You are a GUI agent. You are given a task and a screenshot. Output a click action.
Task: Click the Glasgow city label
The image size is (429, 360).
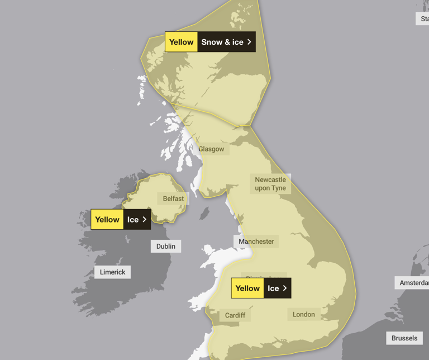(x=211, y=149)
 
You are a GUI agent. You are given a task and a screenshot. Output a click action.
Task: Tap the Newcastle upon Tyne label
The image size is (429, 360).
(x=270, y=184)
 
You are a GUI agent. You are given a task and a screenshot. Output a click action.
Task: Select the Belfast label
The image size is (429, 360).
(x=173, y=198)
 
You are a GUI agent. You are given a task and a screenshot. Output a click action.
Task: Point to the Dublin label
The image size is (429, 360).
(x=166, y=246)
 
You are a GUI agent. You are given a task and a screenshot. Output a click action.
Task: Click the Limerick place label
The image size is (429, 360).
(x=113, y=272)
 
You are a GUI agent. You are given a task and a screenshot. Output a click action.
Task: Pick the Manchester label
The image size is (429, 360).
(x=256, y=241)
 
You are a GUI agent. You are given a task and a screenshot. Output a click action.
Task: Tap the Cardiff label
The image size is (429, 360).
(x=235, y=315)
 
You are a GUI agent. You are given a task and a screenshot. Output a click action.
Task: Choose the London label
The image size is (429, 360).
(x=304, y=314)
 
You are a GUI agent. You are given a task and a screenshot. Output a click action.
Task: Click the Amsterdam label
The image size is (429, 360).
(x=414, y=283)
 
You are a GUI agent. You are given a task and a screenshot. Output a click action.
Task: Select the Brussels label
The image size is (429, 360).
(x=404, y=338)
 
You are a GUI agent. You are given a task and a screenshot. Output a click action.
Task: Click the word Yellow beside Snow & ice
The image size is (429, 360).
(x=182, y=42)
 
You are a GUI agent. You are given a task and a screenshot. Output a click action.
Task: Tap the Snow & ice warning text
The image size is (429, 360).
(x=222, y=42)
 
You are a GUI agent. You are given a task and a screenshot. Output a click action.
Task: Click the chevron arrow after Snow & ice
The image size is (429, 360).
(x=249, y=42)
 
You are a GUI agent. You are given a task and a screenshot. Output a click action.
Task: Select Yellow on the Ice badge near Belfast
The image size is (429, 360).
(x=107, y=220)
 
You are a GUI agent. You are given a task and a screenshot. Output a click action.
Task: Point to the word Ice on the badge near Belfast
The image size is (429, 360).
(x=133, y=220)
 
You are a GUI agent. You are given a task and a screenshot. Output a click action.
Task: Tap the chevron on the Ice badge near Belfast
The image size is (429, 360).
(x=144, y=220)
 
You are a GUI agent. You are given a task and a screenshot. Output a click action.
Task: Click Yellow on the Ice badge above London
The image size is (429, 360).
(x=247, y=288)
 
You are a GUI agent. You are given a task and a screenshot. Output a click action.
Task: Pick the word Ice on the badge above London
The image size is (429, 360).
(x=273, y=288)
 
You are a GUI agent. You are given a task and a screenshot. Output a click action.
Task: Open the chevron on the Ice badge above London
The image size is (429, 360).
(x=284, y=288)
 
